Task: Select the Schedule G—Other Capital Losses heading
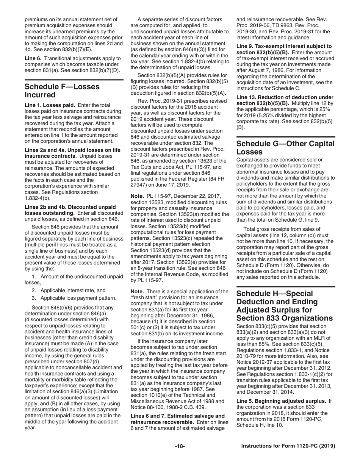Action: [x=285, y=148]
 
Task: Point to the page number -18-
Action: [x=180, y=446]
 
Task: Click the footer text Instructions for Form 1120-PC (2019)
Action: [x=288, y=446]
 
